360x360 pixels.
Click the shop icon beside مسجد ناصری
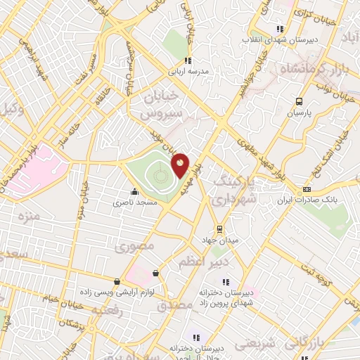pyautogui.click(x=134, y=191)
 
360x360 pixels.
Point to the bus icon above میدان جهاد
pyautogui.click(x=219, y=229)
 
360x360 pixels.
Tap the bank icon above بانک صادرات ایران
pyautogui.click(x=306, y=189)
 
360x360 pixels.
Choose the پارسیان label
pyautogui.click(x=299, y=112)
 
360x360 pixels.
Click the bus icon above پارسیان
pyautogui.click(x=300, y=101)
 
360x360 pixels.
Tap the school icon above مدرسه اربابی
pyautogui.click(x=187, y=60)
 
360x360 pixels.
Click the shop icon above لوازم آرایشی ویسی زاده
pyautogui.click(x=155, y=274)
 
